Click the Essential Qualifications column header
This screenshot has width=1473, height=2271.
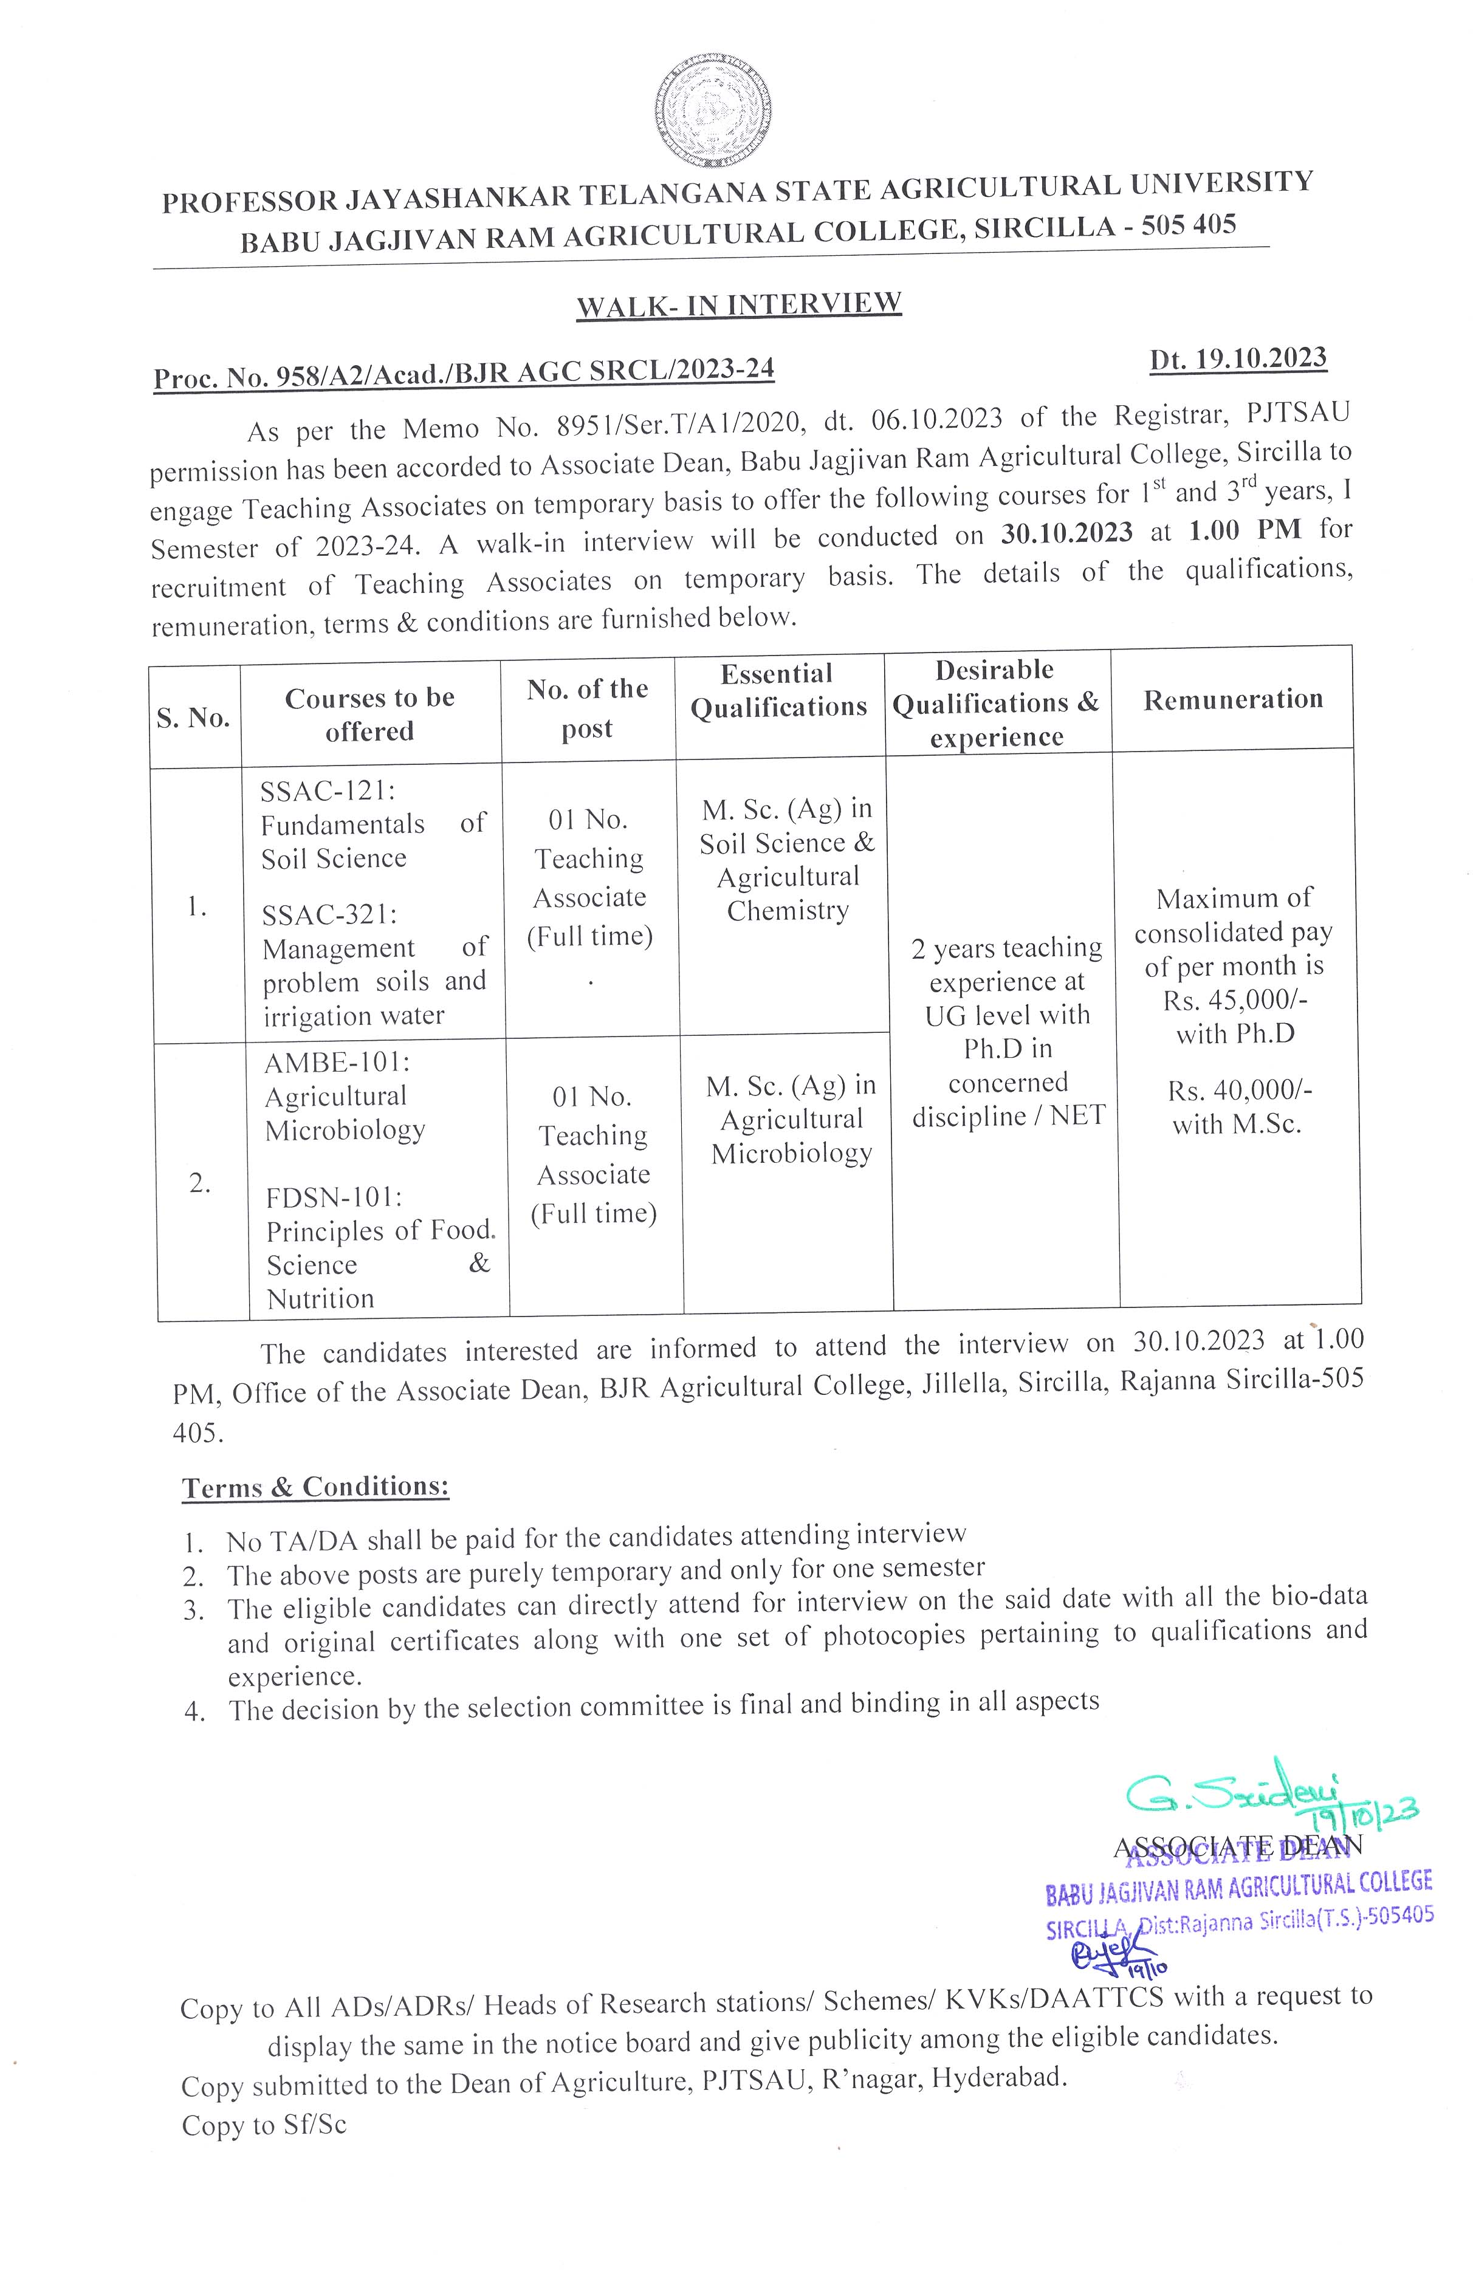[778, 691]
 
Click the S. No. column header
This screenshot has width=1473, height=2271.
[194, 718]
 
